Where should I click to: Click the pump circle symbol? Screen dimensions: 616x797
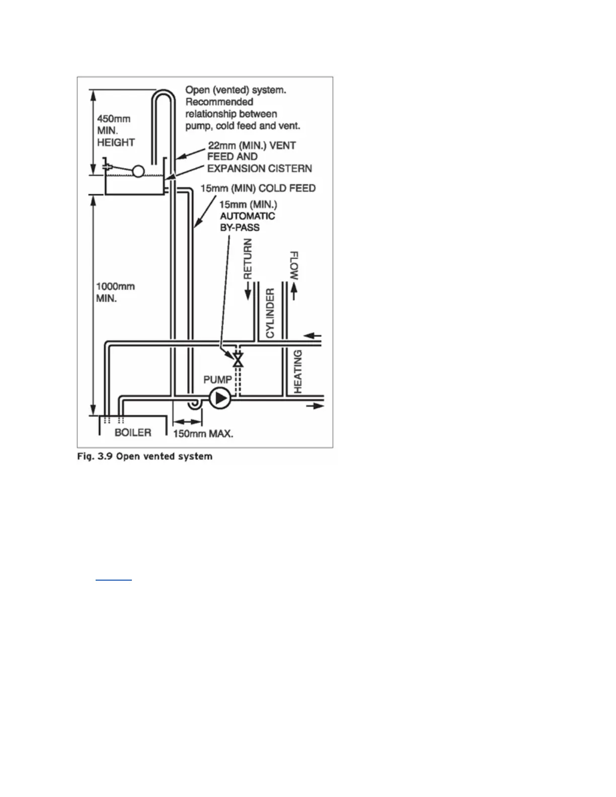[x=220, y=398]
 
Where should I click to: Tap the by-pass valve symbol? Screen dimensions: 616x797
[x=238, y=360]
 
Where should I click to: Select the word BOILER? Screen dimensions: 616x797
[x=133, y=432]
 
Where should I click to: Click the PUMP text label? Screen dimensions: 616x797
[x=217, y=379]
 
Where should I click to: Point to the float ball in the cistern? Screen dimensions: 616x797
[x=138, y=172]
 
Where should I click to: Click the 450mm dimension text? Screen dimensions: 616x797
[x=114, y=119]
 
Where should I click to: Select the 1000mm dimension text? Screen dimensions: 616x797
[x=115, y=286]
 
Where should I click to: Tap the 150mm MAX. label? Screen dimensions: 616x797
[x=203, y=433]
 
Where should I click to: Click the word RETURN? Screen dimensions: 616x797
[x=248, y=259]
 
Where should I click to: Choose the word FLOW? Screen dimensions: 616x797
[x=294, y=266]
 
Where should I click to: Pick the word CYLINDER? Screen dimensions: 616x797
[x=270, y=313]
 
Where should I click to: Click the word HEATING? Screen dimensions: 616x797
[x=298, y=371]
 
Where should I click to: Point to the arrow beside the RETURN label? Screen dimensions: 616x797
[x=248, y=291]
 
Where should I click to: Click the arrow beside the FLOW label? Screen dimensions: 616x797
[x=294, y=292]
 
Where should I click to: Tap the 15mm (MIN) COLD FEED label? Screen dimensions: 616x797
[x=258, y=188]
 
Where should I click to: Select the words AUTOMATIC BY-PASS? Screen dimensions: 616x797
[x=248, y=221]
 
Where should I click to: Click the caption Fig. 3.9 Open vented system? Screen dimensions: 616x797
[x=145, y=456]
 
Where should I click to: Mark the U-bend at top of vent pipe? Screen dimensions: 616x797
[x=163, y=95]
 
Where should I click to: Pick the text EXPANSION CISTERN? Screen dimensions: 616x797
[x=260, y=169]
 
